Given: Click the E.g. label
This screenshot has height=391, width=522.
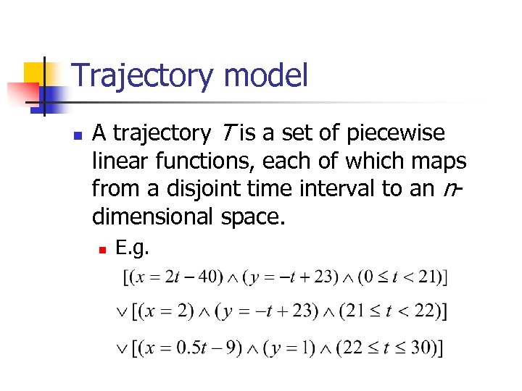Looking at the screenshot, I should click(132, 248).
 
